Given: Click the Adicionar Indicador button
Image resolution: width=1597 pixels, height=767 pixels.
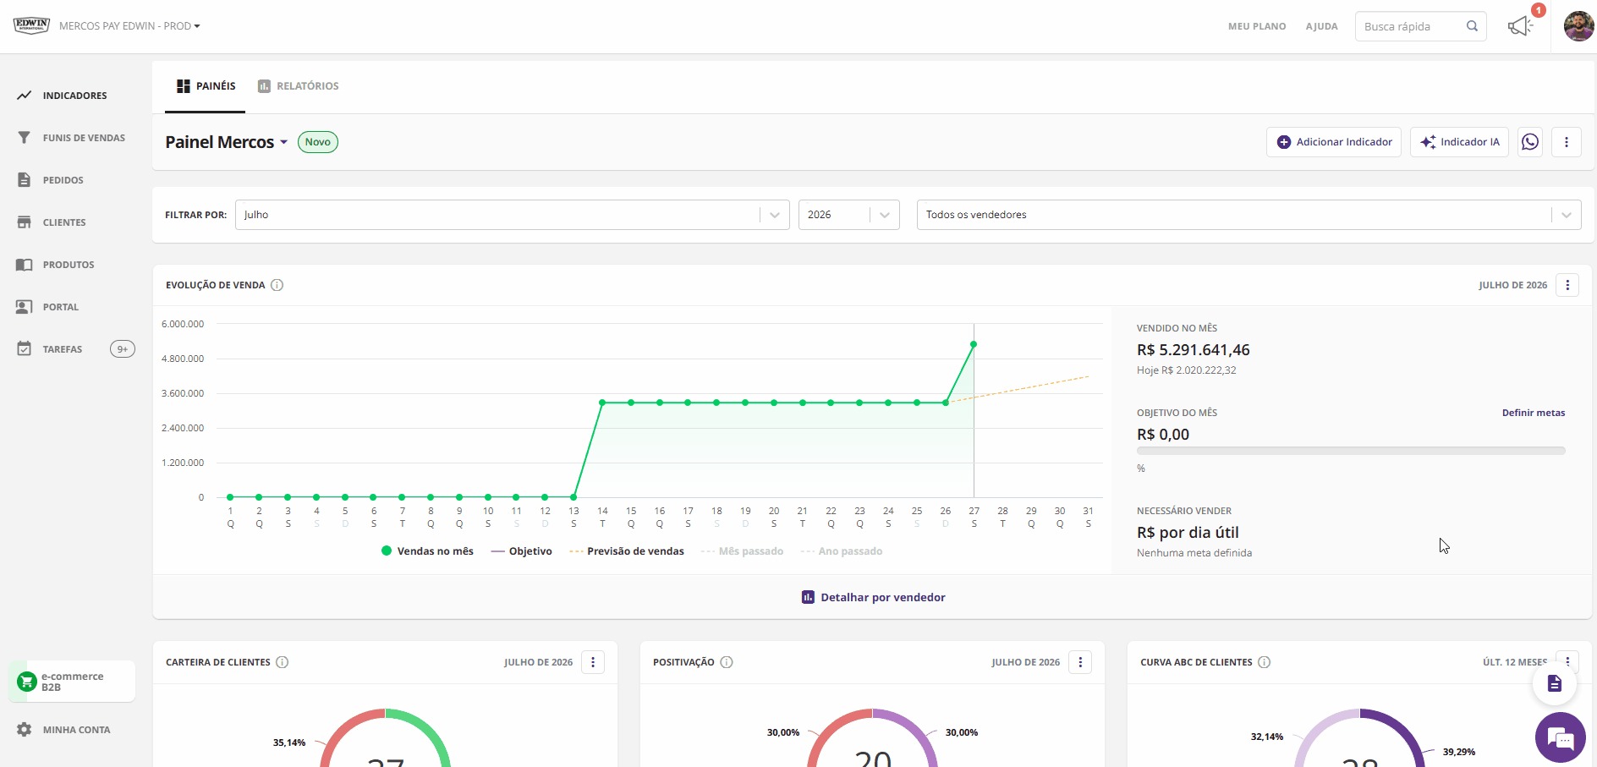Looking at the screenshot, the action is pos(1334,142).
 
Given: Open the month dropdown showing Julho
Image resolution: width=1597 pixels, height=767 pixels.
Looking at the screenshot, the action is pos(512,215).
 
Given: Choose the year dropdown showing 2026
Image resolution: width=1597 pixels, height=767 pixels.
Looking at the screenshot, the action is pos(848,215).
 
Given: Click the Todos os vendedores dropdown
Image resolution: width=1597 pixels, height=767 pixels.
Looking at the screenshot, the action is pos(1249,215).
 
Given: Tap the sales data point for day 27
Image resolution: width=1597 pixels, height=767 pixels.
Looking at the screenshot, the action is pos(974,344).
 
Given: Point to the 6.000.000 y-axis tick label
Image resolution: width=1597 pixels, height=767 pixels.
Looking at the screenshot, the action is pos(183,324).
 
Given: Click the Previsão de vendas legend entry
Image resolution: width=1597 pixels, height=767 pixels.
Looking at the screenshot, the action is pos(627,551).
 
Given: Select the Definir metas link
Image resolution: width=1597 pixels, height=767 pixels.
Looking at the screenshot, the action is pos(1534,413).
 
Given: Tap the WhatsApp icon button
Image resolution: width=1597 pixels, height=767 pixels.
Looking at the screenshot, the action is pos(1530,142).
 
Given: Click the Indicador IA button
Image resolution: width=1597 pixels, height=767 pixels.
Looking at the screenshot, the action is pos(1459,142).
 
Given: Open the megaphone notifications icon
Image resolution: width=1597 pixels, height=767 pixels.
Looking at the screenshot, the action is pos(1520,26).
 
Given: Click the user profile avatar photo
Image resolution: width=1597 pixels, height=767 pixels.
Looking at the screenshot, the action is pos(1578,26).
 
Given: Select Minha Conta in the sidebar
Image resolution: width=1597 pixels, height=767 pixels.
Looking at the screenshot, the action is pos(63,730).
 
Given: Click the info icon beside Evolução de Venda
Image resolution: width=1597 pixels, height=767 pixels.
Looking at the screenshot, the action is pos(277,285).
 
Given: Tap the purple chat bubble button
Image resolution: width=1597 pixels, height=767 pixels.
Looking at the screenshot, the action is pos(1561,737).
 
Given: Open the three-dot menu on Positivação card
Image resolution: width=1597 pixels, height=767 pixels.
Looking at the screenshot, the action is pos(1080,662).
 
